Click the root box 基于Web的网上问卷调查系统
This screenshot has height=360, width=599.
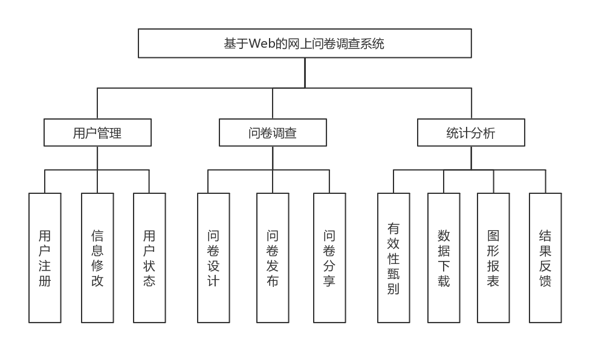305,43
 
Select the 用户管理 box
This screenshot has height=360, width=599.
97,133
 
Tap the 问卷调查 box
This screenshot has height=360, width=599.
273,133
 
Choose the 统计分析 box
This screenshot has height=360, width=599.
471,133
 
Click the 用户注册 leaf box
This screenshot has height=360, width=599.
45,258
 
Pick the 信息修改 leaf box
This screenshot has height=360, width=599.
97,258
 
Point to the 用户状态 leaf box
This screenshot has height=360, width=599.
149,258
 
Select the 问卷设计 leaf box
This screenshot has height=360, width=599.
213,258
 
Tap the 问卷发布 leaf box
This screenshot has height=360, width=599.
273,258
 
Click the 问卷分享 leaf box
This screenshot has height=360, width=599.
329,258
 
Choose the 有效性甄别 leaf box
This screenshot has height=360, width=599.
393,258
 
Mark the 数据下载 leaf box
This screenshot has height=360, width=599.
444,258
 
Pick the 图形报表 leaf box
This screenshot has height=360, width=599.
493,258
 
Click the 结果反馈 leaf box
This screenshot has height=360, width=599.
545,258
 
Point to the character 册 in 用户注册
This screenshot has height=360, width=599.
45,281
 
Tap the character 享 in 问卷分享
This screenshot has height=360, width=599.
329,281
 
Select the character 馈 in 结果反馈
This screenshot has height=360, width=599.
545,281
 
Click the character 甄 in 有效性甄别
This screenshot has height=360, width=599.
393,274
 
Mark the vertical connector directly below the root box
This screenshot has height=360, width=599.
305,72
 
